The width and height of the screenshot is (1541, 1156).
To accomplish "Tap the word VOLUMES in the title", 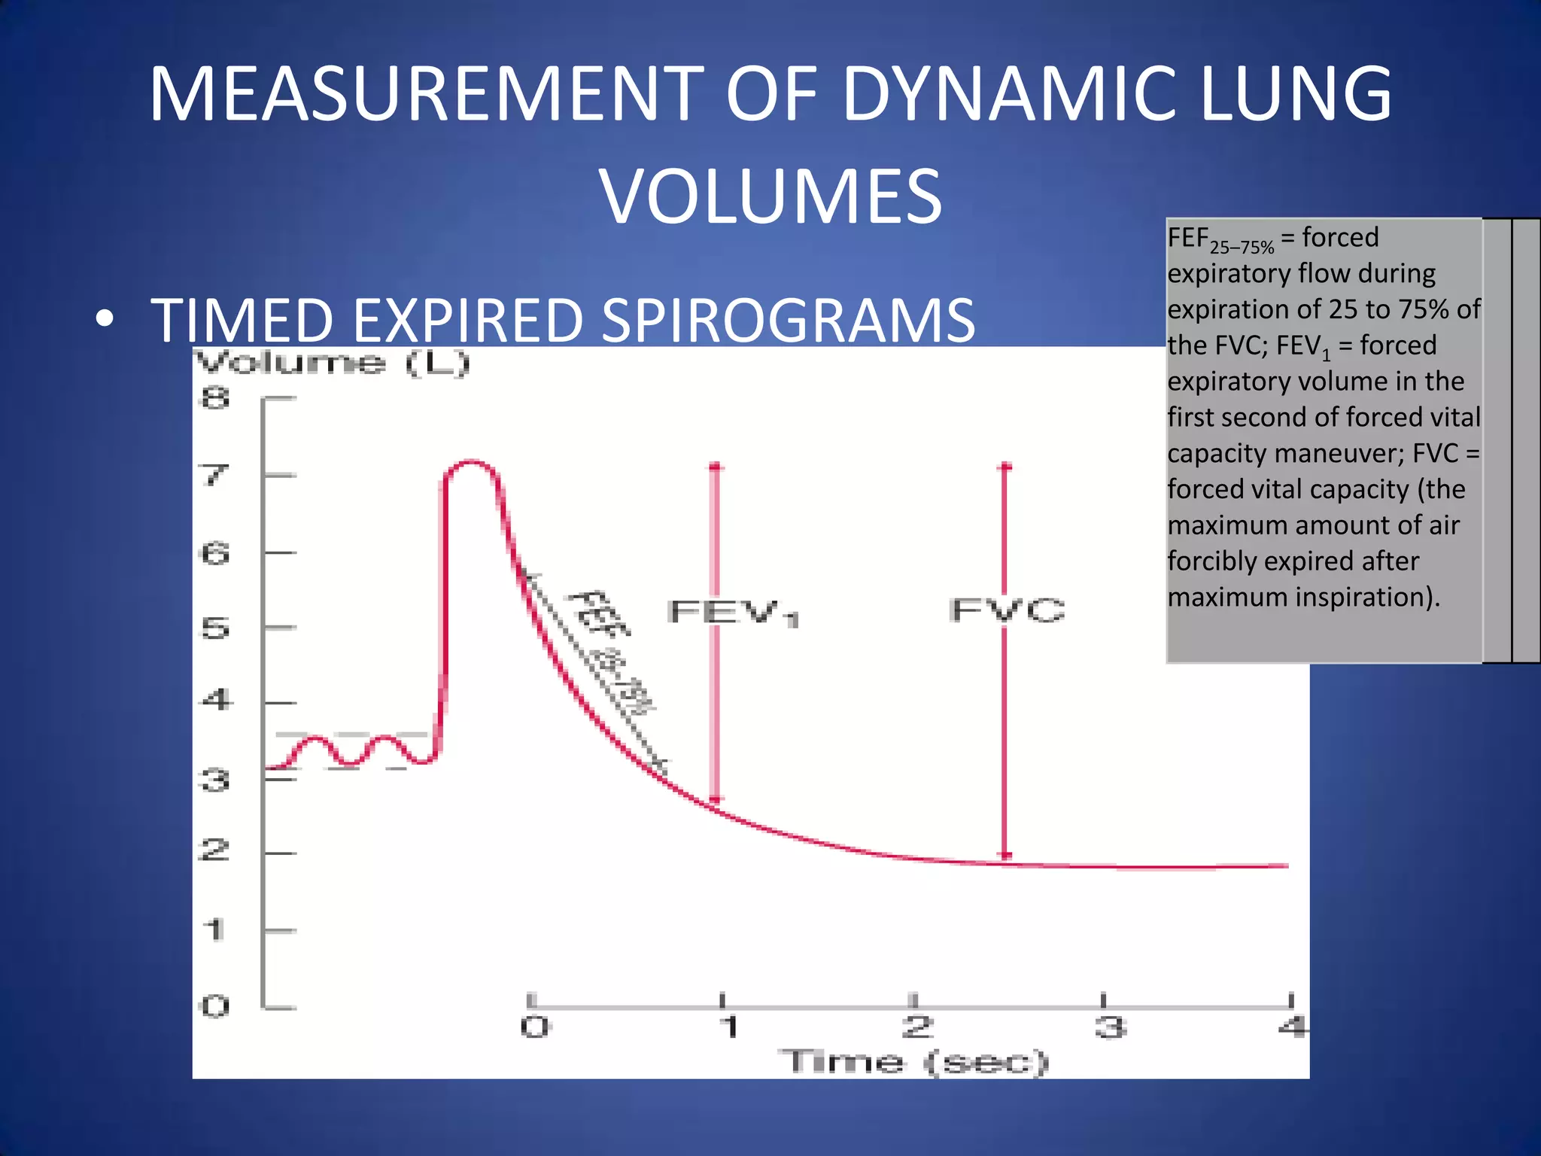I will coord(770,196).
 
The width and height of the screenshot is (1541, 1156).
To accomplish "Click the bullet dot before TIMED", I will coord(105,319).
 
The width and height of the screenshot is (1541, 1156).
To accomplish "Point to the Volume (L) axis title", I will coord(333,364).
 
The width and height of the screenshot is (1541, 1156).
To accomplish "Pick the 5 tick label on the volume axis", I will coord(215,628).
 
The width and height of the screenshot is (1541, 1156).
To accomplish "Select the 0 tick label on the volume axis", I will coord(215,1006).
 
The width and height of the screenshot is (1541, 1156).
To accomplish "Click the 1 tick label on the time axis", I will coord(728,1027).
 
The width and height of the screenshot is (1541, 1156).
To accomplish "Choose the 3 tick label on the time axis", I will coord(1110,1027).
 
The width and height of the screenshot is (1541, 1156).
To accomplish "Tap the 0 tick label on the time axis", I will coord(535,1027).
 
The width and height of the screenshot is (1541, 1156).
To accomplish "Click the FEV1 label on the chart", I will coord(733,613).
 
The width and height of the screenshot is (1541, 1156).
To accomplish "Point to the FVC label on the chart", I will coord(1007,610).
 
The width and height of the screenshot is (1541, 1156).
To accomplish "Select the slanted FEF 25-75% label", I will coord(611,651).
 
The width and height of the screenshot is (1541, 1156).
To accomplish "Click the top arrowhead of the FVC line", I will coord(1005,467).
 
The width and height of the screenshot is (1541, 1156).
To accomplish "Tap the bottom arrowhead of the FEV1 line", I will coord(716,799).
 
